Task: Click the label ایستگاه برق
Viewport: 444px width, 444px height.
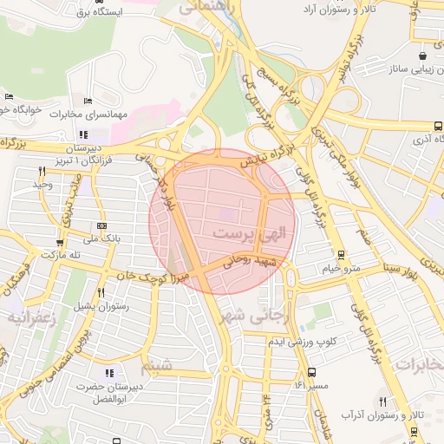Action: coord(98,12)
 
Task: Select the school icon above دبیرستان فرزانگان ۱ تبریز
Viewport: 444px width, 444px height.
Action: coord(83,134)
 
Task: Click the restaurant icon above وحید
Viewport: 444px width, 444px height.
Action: coord(41,171)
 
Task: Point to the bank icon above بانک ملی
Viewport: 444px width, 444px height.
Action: coord(103,225)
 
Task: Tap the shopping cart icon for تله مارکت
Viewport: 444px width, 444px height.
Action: coord(60,243)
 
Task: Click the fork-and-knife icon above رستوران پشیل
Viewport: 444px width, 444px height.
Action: coord(101,292)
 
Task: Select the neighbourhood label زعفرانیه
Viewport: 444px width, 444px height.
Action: coord(31,318)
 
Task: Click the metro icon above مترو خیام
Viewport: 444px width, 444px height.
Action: coord(342,255)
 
